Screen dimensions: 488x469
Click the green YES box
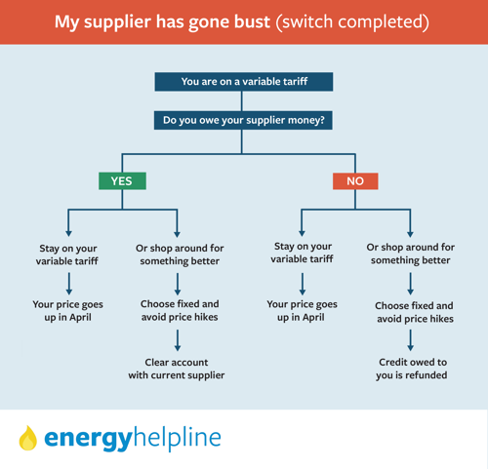122,180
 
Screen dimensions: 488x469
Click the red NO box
355,180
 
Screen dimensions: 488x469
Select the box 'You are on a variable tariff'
244,82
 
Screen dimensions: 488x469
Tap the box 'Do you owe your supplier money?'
243,120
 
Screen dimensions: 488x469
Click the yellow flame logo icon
28,438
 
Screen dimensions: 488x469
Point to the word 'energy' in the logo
88,439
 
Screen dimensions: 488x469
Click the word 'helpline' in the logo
178,437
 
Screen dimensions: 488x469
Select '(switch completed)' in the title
352,22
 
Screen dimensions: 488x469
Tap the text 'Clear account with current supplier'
177,369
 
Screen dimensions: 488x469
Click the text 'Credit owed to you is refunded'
412,369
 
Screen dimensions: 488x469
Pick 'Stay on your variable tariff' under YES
67,254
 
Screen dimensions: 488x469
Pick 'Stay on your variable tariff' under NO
303,253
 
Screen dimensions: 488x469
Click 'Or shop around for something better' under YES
180,254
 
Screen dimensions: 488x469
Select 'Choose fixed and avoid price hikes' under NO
414,312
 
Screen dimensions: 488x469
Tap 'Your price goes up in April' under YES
67,311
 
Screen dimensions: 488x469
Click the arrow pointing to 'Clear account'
178,340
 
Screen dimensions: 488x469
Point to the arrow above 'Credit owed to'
411,340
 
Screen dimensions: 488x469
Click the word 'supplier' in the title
118,22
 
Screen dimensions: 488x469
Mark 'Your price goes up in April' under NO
302,311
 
